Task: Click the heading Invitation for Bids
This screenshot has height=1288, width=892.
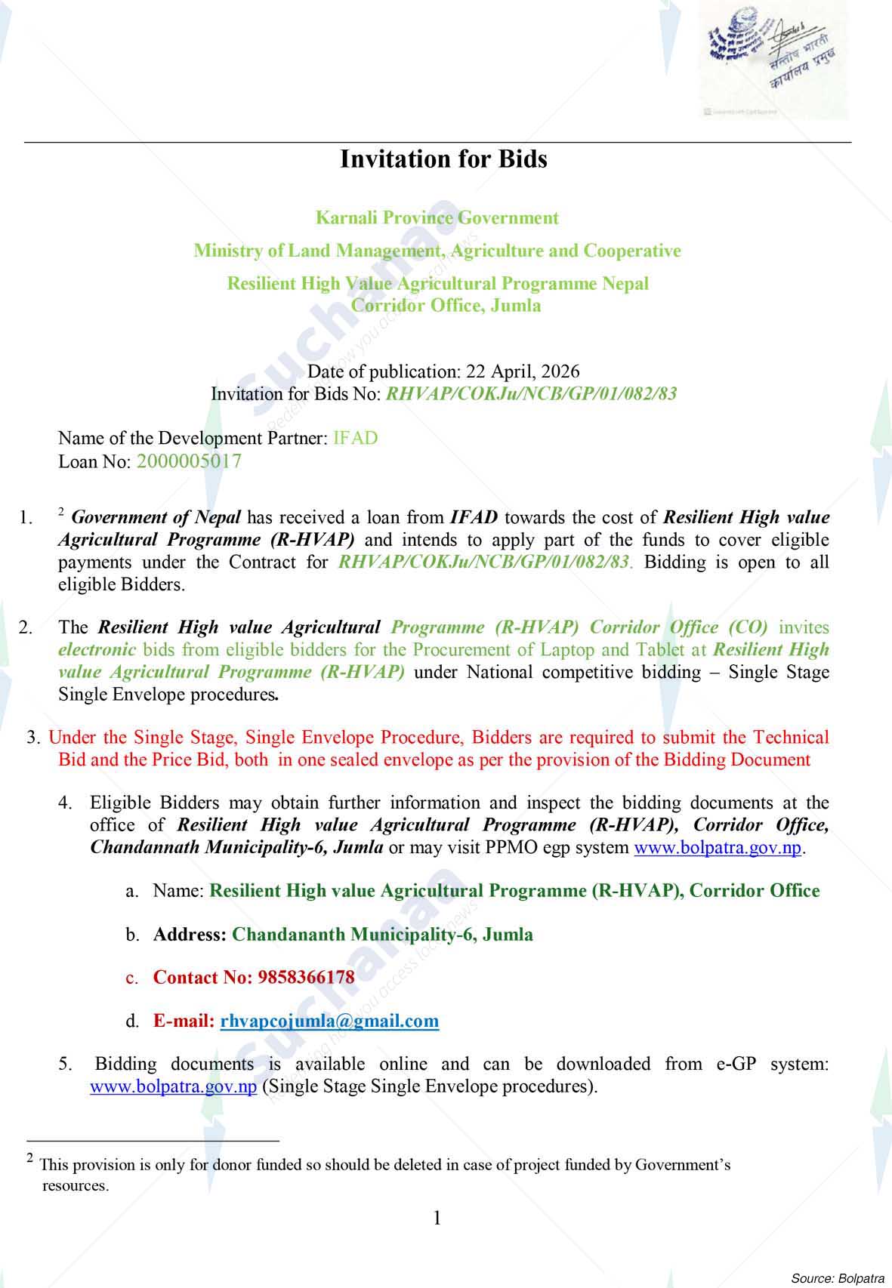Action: tap(443, 159)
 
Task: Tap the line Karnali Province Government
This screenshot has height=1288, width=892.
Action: tap(437, 218)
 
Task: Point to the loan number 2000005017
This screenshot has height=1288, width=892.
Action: tap(189, 461)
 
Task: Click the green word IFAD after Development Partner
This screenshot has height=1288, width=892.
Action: tap(355, 439)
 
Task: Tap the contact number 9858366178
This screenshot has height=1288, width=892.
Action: tap(306, 978)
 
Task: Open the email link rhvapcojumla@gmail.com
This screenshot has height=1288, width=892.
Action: tap(329, 1021)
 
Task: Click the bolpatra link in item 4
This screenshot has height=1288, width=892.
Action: tap(718, 847)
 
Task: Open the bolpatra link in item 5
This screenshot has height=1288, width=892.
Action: tap(174, 1087)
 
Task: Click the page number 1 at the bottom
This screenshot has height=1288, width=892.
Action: tap(437, 1217)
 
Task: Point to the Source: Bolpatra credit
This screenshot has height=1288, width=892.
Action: tap(837, 1278)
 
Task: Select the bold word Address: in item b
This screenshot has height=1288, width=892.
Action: tap(190, 935)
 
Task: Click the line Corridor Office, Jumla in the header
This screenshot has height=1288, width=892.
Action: tap(446, 306)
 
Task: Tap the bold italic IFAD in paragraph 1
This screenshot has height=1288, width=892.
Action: tap(474, 518)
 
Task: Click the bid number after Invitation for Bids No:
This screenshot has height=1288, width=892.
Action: tap(531, 394)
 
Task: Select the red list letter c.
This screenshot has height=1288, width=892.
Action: tap(131, 978)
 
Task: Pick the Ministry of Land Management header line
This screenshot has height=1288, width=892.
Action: tap(437, 251)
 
